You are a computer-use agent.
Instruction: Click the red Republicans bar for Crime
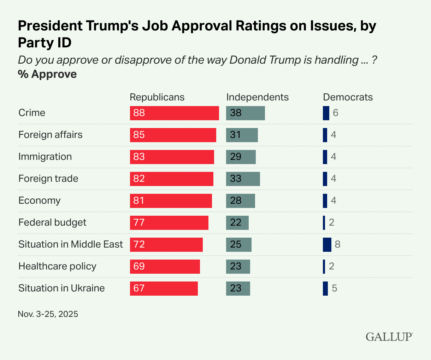[x=174, y=113]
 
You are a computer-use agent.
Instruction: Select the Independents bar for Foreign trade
[x=243, y=179]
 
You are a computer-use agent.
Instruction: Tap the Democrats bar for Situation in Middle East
[x=327, y=245]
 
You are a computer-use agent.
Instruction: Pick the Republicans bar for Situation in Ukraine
[x=164, y=289]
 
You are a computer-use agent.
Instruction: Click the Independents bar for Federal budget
[x=237, y=223]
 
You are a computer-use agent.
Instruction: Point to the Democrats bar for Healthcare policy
[x=324, y=267]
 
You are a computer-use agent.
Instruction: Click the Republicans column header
[x=157, y=97]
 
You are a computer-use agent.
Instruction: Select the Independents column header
[x=257, y=97]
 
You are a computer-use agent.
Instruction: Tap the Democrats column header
[x=348, y=97]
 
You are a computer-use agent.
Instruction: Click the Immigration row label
[x=45, y=157]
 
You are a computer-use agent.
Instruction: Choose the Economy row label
[x=40, y=201]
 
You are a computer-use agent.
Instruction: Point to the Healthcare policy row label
[x=57, y=266]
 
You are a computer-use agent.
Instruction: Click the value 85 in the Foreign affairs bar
[x=139, y=135]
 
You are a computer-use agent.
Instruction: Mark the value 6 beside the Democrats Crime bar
[x=336, y=113]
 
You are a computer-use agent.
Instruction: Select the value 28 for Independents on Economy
[x=236, y=201]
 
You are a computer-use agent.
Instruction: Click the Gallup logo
[x=389, y=336]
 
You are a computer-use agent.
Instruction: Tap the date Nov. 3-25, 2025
[x=48, y=314]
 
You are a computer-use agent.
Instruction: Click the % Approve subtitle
[x=47, y=74]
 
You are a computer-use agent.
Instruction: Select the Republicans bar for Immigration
[x=172, y=157]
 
